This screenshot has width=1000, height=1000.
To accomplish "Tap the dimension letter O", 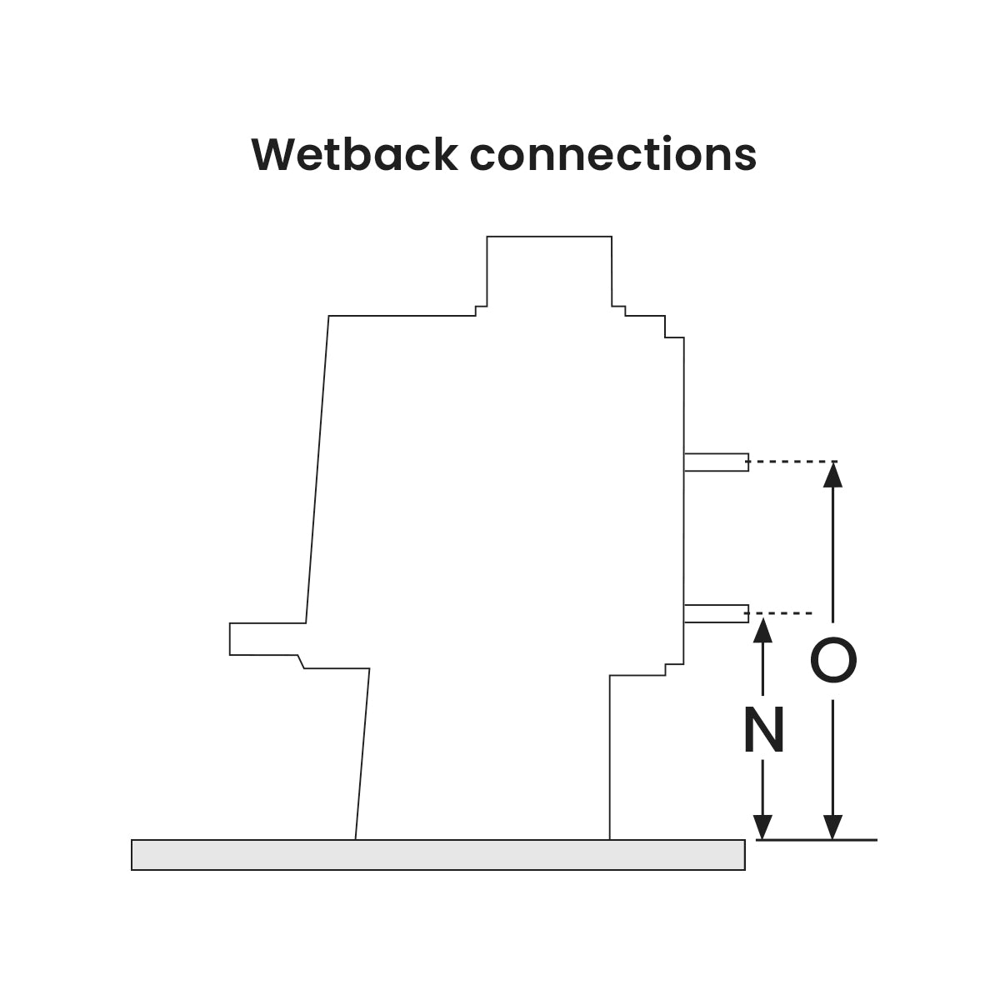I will pos(833,661).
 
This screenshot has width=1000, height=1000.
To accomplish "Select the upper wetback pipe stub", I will pos(716,462).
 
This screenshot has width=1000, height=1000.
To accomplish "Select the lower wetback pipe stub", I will pos(716,614).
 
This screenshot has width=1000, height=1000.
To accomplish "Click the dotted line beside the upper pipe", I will pos(792,461).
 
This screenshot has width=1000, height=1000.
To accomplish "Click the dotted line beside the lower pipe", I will pos(781,613).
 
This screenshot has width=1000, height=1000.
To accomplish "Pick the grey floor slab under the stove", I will pos(437,855).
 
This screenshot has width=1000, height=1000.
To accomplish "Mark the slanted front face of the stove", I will pos(317,467).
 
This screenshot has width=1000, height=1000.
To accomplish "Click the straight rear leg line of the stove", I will pos(610,754).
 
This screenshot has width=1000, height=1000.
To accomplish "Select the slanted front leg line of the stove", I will pos(362,754).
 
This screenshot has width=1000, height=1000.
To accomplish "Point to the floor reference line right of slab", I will pos(817,840).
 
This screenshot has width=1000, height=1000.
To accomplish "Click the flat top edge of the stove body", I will pos(400,317).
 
